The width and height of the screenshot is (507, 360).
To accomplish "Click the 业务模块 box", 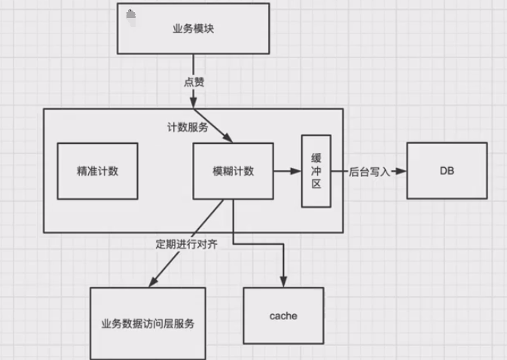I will (193, 31).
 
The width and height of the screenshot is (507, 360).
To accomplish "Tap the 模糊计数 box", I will (233, 171).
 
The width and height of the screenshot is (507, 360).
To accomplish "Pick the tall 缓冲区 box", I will (316, 171).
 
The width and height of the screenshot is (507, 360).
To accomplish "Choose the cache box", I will (283, 316).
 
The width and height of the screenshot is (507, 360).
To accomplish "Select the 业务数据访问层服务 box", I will (148, 323).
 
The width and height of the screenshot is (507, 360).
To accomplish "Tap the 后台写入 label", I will (369, 172).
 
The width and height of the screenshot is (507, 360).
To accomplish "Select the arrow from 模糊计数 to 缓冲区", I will (286, 172).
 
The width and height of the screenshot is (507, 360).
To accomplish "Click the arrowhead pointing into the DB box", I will (402, 172).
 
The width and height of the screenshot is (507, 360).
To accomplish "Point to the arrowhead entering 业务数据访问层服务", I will (153, 282).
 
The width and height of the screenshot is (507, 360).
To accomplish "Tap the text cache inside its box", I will (283, 316).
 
